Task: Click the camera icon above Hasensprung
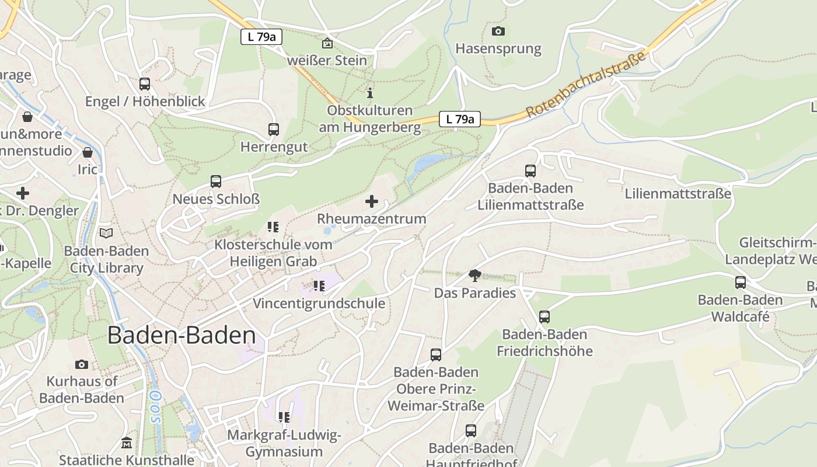coord(498,32)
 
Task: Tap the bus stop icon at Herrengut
coord(273,130)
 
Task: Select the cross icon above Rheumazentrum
coord(371,202)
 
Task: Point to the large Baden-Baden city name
coord(181,336)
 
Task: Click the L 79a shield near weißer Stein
coord(261,37)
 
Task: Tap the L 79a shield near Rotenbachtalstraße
coord(459,119)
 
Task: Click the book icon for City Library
coord(106,233)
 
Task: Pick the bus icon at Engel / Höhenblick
coord(144,84)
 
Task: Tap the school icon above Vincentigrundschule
coord(319,286)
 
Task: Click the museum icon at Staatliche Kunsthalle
coord(126,443)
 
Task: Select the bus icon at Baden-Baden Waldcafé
coord(740,283)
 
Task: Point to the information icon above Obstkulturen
coord(369,93)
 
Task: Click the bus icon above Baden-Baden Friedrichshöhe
coord(544,317)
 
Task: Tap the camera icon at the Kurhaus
coord(82,364)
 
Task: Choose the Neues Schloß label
coord(216,199)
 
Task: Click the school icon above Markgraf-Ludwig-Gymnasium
coord(284,417)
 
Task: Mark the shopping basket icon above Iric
coord(88,153)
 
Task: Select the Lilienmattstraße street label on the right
coord(678,193)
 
